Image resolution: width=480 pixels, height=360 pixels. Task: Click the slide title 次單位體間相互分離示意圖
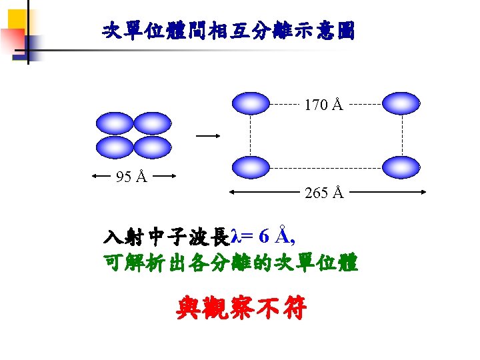229,31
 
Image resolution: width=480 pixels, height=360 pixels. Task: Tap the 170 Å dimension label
323,105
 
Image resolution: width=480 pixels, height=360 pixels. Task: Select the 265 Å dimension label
323,193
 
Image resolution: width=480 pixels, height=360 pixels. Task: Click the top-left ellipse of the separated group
250,103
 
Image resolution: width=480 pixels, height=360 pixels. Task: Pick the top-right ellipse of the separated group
402,103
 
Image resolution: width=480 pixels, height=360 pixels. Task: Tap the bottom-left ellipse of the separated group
250,167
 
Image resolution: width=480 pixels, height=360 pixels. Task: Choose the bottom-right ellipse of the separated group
402,167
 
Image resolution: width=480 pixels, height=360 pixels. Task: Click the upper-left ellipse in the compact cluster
115,123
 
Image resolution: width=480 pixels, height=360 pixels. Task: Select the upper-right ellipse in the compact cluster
153,123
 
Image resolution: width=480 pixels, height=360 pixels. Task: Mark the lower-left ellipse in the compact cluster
115,147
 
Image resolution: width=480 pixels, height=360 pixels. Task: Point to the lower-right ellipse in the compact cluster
153,147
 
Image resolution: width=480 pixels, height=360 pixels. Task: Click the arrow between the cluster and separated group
207,135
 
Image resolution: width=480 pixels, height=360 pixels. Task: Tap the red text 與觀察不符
241,308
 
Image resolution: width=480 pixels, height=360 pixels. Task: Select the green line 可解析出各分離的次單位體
231,263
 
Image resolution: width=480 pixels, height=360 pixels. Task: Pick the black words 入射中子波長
166,237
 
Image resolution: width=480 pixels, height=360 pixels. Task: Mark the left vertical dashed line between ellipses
250,135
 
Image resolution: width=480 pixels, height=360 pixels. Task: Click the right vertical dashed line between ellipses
402,135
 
